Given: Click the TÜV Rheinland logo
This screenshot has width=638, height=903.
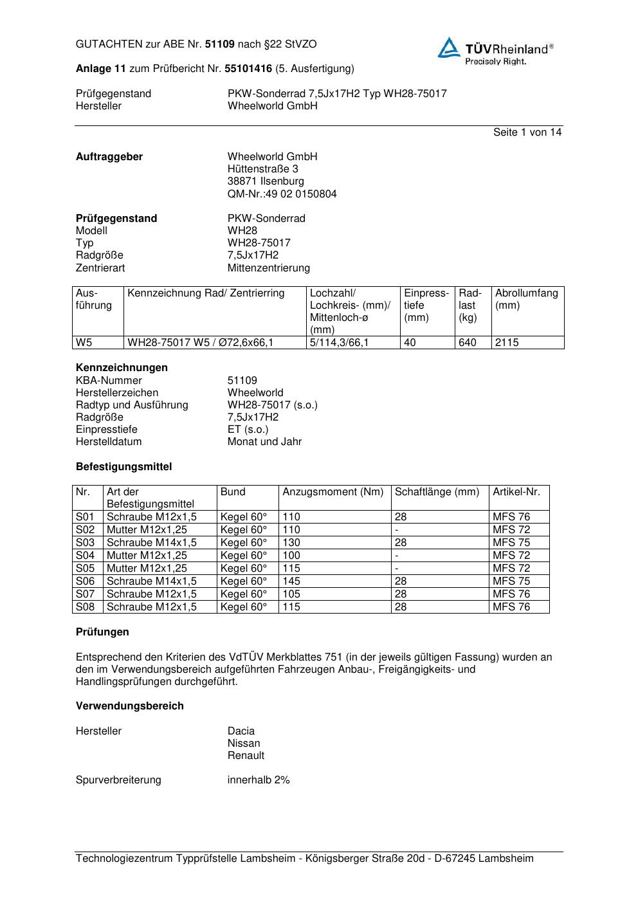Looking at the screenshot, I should tap(495, 51).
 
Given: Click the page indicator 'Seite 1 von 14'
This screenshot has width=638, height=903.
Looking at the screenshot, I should tap(527, 132).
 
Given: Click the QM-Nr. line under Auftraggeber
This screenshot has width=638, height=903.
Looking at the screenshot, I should tap(282, 194).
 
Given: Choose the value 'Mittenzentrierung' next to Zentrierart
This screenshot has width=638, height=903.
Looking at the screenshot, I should tap(268, 268).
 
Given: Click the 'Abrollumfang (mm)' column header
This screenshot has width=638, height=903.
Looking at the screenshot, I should tap(526, 300).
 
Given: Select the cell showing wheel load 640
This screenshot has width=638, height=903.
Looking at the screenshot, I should tap(468, 343).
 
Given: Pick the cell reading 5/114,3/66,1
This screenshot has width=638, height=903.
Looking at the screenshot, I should tap(339, 343).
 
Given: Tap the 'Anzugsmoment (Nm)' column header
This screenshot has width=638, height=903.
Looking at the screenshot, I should tap(333, 492).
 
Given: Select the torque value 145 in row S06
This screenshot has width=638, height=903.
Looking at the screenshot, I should tap(291, 581).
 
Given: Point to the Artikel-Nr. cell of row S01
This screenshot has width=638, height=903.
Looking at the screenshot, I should tap(511, 517).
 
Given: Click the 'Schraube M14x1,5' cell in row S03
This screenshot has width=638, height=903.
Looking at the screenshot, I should tap(152, 543).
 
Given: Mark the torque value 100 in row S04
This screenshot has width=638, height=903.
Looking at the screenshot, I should tap(291, 556).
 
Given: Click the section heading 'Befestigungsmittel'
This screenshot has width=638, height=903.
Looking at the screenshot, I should tap(123, 467).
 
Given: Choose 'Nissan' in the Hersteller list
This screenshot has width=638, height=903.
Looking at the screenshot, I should tap(244, 743).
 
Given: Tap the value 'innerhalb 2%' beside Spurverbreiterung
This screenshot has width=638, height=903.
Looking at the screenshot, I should tap(259, 780).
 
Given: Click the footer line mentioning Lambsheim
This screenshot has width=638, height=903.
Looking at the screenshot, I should tap(305, 859).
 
